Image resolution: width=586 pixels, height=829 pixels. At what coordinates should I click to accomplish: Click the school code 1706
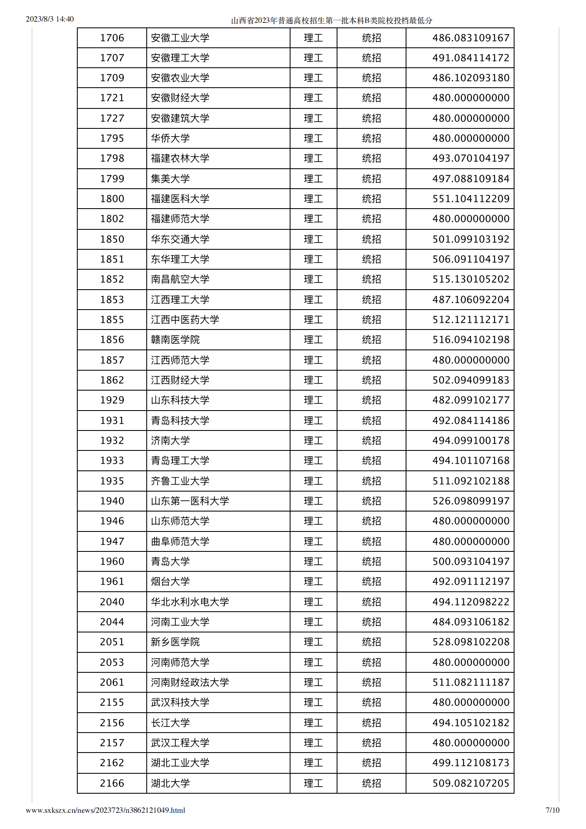click(112, 38)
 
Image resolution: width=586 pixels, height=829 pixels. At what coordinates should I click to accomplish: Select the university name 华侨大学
click(170, 138)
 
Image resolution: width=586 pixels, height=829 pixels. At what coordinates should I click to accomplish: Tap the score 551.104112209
click(470, 199)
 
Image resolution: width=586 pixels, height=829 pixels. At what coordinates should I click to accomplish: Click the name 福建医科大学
click(180, 199)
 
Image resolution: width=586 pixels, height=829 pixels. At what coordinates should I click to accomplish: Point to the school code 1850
click(112, 239)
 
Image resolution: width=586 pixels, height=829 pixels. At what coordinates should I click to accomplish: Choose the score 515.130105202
click(470, 279)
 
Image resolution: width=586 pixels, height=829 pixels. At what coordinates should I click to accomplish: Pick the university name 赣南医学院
click(175, 339)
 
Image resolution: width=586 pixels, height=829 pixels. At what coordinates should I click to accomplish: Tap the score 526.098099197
click(470, 501)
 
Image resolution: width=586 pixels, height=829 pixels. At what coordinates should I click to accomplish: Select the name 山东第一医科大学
click(190, 501)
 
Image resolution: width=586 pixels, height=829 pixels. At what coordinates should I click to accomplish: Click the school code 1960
click(112, 561)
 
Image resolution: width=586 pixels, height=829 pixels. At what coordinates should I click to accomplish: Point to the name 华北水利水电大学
click(190, 602)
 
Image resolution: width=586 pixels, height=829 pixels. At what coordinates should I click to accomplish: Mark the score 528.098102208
click(470, 642)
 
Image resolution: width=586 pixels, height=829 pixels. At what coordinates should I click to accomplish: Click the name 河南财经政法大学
click(190, 682)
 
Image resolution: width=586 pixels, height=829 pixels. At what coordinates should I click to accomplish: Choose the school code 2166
click(112, 783)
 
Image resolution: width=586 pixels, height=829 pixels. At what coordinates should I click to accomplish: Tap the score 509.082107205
click(470, 783)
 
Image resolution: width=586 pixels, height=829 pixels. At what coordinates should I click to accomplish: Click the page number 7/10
click(552, 810)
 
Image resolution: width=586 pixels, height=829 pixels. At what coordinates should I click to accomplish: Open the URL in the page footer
click(105, 810)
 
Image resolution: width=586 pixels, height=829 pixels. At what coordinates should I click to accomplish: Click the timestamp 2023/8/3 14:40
click(49, 19)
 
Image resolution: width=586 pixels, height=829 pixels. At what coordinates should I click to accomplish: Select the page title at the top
click(331, 20)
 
